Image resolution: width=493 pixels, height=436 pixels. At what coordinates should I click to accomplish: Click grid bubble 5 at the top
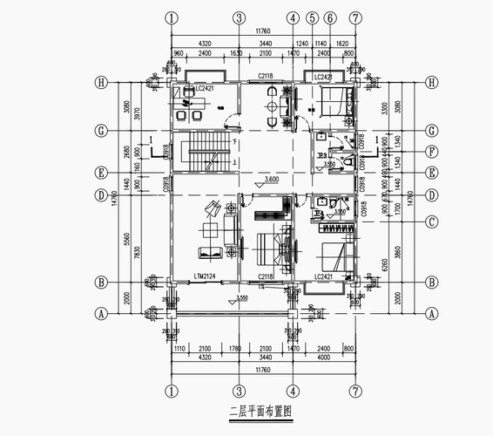point(311,17)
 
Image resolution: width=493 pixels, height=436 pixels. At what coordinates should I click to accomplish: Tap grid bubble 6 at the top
point(330,17)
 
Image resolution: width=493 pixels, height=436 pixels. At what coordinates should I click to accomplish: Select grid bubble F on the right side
point(431,151)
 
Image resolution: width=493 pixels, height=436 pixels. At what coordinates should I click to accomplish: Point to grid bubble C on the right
point(431,221)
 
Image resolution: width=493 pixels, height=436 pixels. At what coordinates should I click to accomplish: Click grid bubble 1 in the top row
point(172,17)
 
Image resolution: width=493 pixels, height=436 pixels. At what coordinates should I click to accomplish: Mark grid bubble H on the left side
point(102,83)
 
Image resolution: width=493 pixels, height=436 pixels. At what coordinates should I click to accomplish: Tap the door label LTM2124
point(205,277)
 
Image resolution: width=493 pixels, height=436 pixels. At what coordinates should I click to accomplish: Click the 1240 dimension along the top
point(302,42)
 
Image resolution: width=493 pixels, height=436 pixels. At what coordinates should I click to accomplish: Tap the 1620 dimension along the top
point(342,42)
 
